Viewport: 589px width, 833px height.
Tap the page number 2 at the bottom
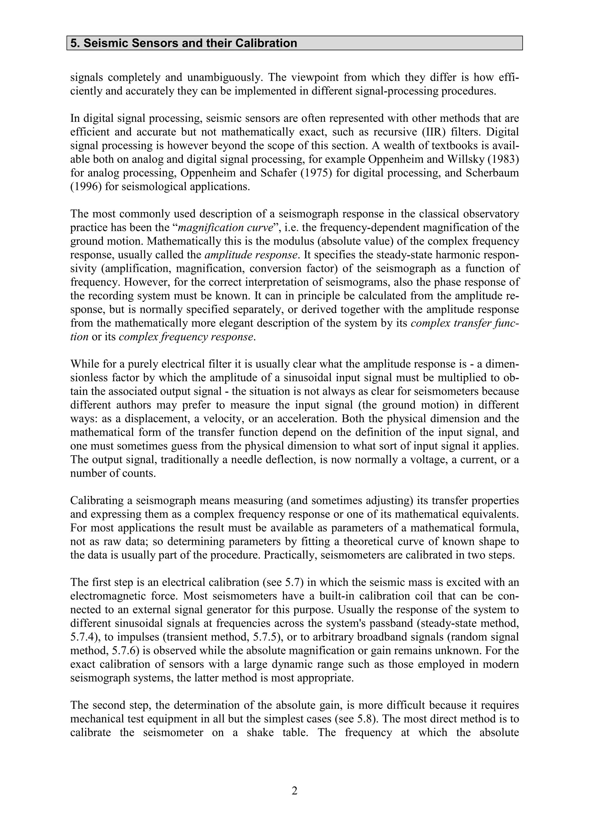click(x=294, y=790)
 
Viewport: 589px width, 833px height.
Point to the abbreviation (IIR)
click(x=425, y=132)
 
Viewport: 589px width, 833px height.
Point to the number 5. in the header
click(x=75, y=43)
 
